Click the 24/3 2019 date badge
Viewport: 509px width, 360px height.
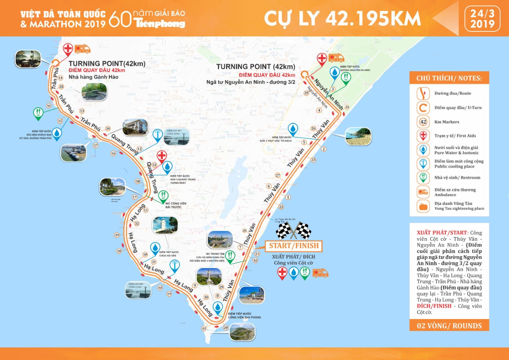coord(482,18)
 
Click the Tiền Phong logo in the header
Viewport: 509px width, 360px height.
coord(159,23)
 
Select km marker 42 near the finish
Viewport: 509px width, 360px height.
coord(255,260)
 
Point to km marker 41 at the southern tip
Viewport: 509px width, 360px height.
coord(204,329)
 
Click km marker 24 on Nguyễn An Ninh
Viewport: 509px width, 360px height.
coord(347,107)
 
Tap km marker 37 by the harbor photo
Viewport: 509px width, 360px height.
coord(95,146)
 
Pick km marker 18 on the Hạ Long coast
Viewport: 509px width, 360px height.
coord(119,251)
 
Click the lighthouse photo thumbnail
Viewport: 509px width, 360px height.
coord(165,225)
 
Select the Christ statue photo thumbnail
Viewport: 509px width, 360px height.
coord(208,276)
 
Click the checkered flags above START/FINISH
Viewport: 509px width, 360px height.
coord(294,230)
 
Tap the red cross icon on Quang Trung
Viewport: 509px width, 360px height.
coord(161,156)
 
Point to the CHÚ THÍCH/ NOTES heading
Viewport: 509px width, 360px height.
coord(449,78)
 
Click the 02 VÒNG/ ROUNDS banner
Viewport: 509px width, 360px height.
coord(449,326)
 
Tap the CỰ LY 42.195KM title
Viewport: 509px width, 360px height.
coord(342,18)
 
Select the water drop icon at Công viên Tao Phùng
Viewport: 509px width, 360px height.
coord(218,306)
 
